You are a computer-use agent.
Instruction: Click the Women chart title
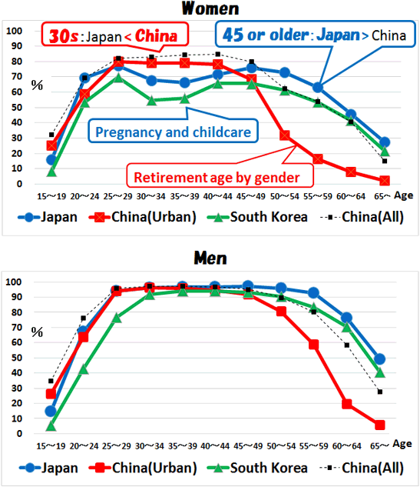(x=210, y=8)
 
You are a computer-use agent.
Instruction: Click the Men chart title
(x=210, y=259)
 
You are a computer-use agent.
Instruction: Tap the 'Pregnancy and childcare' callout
(x=173, y=132)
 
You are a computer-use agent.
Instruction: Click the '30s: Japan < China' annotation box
(x=114, y=35)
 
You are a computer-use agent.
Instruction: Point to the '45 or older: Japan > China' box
(x=316, y=34)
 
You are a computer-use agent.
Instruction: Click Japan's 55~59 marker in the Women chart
(x=317, y=88)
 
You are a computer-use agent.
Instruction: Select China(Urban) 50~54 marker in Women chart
(x=285, y=135)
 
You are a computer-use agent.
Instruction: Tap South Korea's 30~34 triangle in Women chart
(x=151, y=100)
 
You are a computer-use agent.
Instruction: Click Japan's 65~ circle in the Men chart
(x=380, y=359)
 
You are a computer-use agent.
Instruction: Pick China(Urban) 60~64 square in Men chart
(x=347, y=404)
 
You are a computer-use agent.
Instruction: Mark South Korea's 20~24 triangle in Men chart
(x=84, y=369)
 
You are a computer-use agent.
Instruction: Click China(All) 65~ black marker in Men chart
(x=380, y=392)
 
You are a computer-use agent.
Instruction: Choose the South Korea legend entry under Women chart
(x=257, y=217)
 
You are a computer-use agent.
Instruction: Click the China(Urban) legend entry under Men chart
(x=143, y=468)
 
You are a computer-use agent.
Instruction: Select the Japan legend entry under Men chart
(x=48, y=468)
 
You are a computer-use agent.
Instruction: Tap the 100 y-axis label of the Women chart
(x=15, y=31)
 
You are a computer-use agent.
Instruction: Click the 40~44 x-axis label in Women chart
(x=217, y=196)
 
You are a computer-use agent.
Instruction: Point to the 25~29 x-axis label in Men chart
(x=117, y=446)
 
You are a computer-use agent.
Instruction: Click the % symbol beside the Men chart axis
(x=37, y=332)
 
